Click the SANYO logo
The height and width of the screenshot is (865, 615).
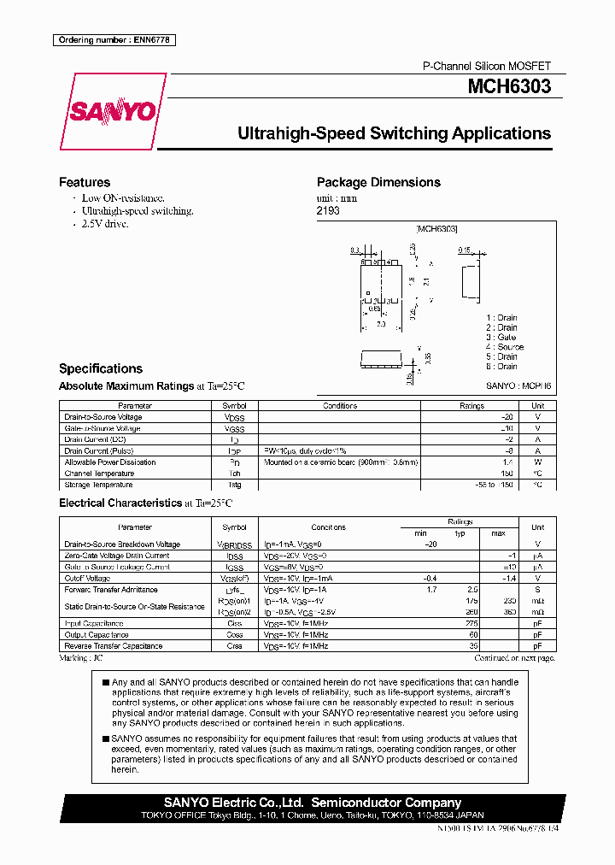coord(112,112)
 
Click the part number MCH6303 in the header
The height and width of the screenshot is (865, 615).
coord(508,87)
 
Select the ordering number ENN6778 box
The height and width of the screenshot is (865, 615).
coord(115,40)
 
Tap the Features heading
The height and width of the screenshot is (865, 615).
coord(85,182)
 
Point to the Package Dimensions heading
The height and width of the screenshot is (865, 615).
coord(378,182)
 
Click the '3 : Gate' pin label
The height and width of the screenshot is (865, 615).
coord(501,338)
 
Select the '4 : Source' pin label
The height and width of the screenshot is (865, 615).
coord(504,347)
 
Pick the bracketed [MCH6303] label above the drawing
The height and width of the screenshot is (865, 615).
coord(436,229)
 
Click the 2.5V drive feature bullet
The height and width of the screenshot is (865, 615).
coord(105,223)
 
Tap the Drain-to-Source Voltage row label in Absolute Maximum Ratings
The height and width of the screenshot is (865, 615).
coord(103,417)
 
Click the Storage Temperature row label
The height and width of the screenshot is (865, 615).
coord(99,485)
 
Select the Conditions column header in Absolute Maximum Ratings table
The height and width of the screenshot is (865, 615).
coord(340,406)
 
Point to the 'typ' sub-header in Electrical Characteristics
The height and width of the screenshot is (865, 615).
coord(460,533)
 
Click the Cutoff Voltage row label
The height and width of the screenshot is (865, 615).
coord(87,579)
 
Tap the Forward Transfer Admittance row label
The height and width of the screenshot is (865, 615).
coord(111,590)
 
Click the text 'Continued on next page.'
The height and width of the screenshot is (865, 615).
coord(514,657)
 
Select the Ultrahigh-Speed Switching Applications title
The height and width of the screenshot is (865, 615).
coord(394,133)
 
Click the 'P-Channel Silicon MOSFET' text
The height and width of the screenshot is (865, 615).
coord(487,66)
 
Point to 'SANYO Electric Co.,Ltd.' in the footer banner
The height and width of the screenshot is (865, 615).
coord(234,803)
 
